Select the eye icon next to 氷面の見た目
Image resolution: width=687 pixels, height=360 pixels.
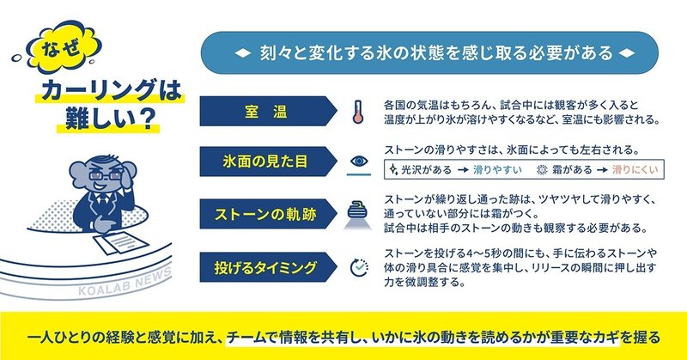[359, 161]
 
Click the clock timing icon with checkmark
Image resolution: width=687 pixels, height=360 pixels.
[359, 265]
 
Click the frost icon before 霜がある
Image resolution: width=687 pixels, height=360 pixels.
[542, 169]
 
